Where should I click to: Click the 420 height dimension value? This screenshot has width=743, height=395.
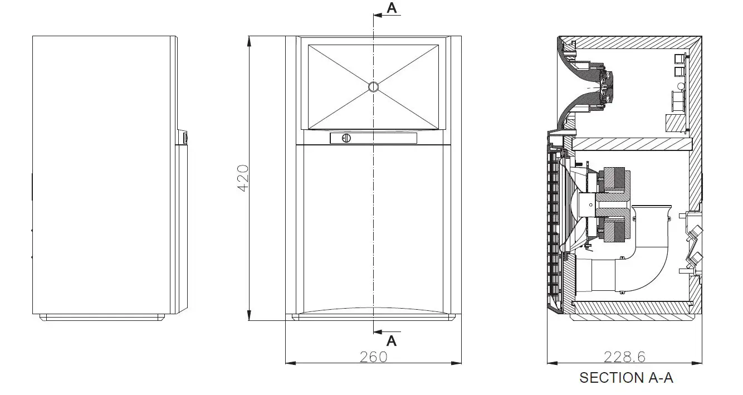[x=243, y=178]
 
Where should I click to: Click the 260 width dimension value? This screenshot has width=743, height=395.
[x=374, y=357]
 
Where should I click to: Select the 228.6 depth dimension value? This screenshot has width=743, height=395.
[x=624, y=357]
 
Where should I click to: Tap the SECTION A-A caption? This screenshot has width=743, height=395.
[x=626, y=378]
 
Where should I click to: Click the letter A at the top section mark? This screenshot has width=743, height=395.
[x=392, y=8]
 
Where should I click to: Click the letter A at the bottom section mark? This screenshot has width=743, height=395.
[x=392, y=341]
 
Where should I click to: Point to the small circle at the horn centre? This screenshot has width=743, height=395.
[x=373, y=87]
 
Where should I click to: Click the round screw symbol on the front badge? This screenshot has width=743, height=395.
[x=346, y=138]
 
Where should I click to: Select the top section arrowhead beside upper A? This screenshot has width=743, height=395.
[x=378, y=15]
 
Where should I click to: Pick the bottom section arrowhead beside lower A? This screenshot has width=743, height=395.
[x=378, y=331]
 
